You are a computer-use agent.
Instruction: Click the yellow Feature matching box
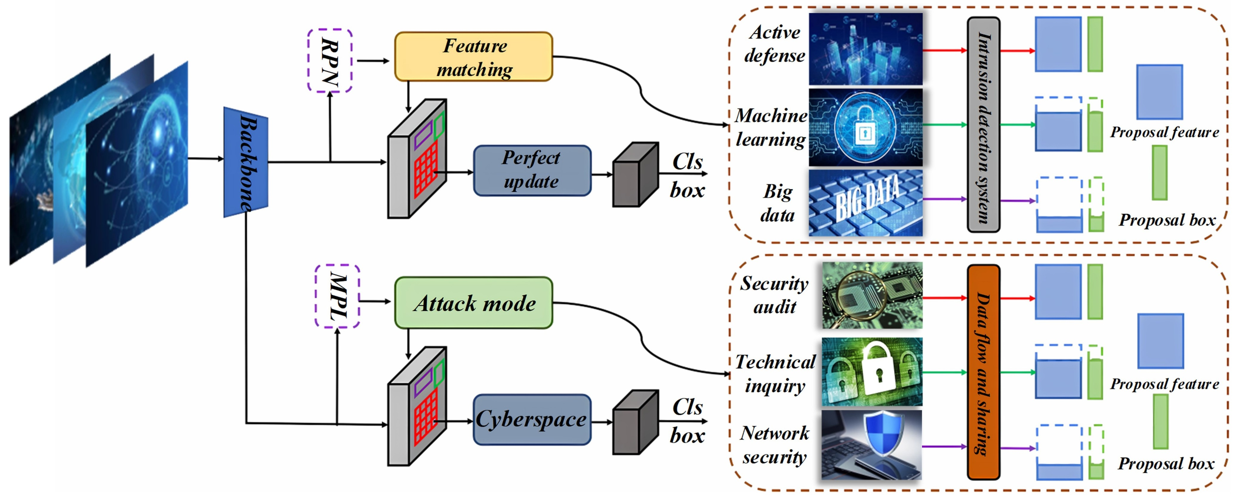474,57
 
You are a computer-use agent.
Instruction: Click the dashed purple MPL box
337,296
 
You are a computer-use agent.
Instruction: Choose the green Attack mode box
474,303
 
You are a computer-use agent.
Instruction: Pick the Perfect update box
532,170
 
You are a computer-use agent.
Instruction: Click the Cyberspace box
532,419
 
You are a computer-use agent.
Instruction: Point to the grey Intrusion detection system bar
983,125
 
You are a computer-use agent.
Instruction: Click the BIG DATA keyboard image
865,202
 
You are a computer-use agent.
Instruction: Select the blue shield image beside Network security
871,445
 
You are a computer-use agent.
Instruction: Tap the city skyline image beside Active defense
865,49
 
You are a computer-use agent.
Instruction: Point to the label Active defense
774,44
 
